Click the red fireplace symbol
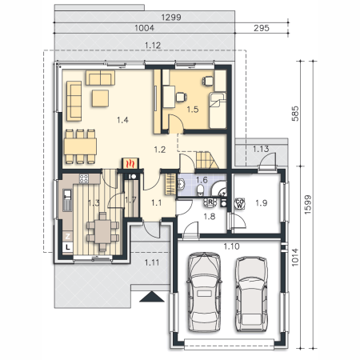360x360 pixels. pos(130,163)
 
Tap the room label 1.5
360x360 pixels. pos(193,110)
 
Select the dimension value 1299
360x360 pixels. pos(171,18)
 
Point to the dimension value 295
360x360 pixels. pos(262,28)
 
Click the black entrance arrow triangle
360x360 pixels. pos(152,297)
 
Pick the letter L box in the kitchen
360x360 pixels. pos(68,247)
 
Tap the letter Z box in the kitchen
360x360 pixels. pos(68,236)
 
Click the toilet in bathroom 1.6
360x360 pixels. pos(200,190)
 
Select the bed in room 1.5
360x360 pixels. pos(218,110)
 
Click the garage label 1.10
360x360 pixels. pos(231,246)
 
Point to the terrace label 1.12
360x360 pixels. pos(153,46)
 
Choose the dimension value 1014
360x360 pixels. pos(294,258)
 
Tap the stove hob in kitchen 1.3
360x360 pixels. pos(83,178)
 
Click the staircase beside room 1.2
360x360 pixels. pos(207,160)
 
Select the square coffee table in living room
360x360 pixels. pos(100,98)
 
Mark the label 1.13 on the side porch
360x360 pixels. pos(261,149)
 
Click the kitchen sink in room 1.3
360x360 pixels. pos(67,194)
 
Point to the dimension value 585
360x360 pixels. pos(295,114)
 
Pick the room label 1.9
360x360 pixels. pos(262,203)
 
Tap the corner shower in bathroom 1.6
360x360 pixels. pos(219,189)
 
